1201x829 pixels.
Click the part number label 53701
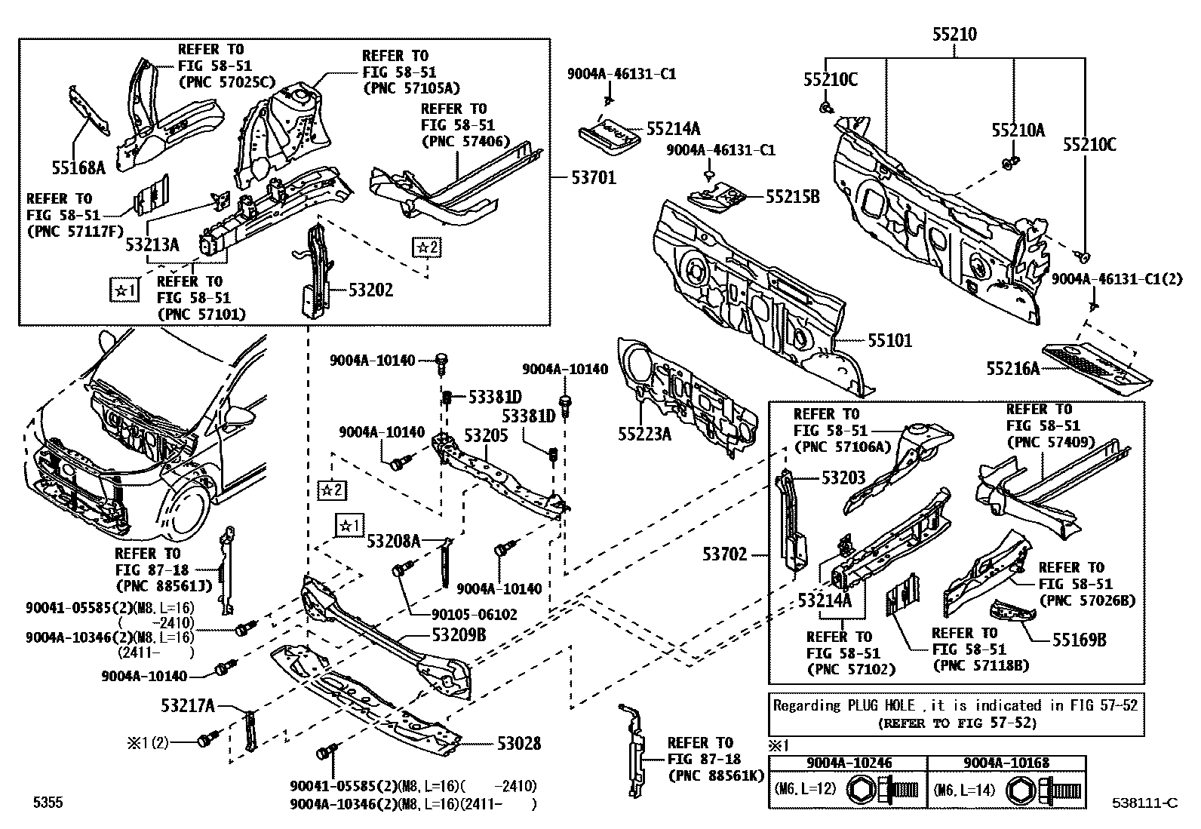(593, 178)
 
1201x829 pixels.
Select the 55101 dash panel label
(889, 341)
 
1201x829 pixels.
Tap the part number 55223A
(644, 434)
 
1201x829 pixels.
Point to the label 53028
(518, 743)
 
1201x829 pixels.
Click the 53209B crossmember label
(459, 635)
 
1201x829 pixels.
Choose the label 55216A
(1013, 368)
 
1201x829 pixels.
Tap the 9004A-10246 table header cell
(847, 763)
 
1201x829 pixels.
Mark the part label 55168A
(78, 167)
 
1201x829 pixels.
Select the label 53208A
(393, 541)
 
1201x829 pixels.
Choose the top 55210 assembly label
(954, 34)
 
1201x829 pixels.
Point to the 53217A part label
(187, 706)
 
